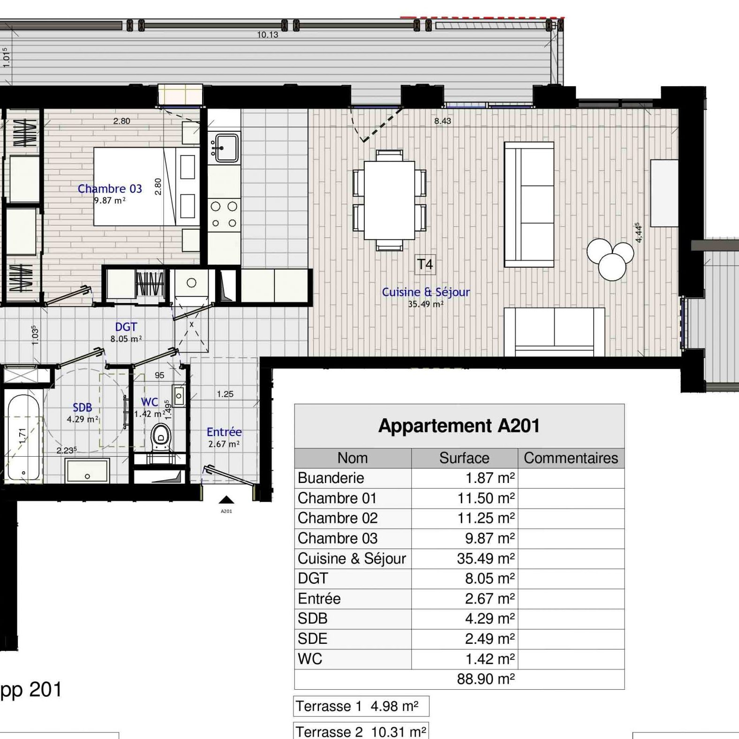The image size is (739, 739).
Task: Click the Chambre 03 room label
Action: [x=110, y=189]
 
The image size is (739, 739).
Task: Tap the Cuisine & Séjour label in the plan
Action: [x=426, y=292]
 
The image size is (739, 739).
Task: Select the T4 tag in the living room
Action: [x=425, y=264]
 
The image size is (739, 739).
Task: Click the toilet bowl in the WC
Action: [x=161, y=437]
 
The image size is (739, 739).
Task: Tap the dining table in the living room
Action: [x=389, y=200]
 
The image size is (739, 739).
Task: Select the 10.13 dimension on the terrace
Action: [x=267, y=35]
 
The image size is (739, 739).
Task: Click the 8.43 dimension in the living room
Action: [x=442, y=121]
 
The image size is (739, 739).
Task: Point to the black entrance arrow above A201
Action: [x=226, y=500]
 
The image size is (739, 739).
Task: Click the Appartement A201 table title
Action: [x=459, y=426]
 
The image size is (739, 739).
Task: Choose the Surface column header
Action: [x=464, y=458]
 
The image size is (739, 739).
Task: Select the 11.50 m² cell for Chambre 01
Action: [x=486, y=498]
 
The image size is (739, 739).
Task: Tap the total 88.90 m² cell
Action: [x=486, y=679]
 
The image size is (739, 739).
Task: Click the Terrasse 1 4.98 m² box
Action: [x=361, y=706]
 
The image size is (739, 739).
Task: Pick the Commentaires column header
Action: [x=571, y=458]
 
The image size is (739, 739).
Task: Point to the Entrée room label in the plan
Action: [x=224, y=432]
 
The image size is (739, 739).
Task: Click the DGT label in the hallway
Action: [x=126, y=327]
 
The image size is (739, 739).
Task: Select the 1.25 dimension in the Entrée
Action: [x=225, y=394]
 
